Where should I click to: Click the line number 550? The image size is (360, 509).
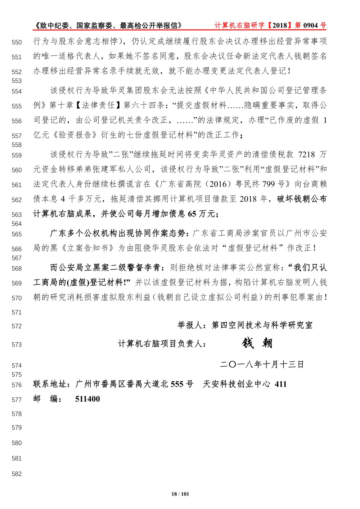coord(17,43)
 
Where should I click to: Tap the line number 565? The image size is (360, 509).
coord(17,234)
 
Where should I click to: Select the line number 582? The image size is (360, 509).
coord(17,474)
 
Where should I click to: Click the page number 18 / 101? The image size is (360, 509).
coord(180,494)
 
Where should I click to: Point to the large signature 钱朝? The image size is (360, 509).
coord(257,343)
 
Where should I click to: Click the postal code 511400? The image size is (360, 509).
coord(87,399)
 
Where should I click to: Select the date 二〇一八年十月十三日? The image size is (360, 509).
coord(262,365)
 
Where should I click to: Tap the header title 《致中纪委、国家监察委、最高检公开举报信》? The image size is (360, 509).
coord(108,26)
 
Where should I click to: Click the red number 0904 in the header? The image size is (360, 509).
coord(310,26)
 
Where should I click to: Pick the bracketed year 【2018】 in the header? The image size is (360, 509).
coord(279,26)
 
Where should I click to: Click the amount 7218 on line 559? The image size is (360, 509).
coord(307,155)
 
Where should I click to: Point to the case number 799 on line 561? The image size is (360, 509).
coord(269,184)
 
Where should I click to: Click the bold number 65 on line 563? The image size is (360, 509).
coord(192,214)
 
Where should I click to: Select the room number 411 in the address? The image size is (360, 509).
coord(280,384)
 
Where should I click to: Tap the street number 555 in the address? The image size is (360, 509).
coord(177,384)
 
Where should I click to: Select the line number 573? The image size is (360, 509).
coord(17,345)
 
